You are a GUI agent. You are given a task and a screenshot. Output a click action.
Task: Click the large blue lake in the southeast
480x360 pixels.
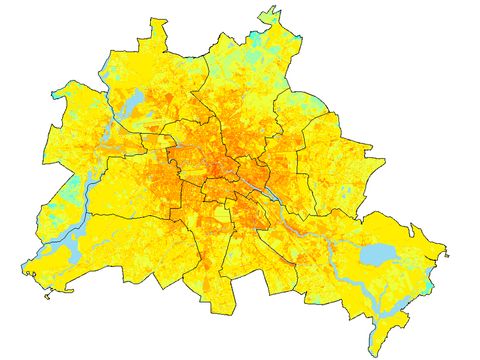[379, 256]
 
